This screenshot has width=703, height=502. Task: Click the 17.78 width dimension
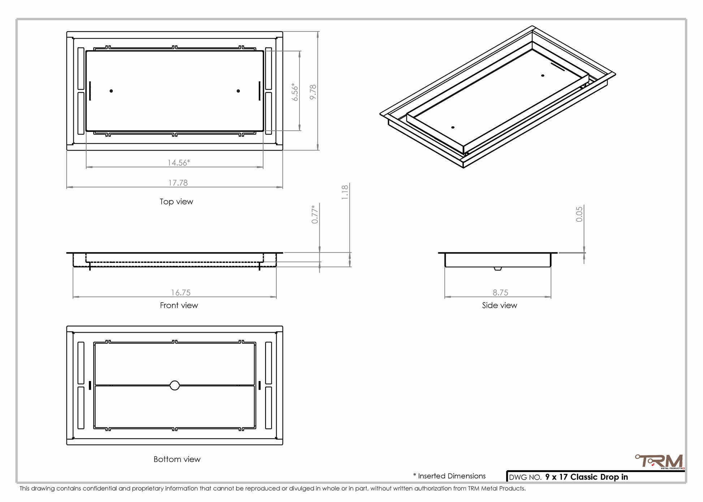[178, 183]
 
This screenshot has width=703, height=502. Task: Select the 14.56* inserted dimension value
[178, 163]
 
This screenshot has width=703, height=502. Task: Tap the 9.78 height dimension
[313, 92]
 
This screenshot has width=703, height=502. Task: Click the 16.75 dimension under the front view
[181, 293]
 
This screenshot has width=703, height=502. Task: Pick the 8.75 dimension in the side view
[500, 293]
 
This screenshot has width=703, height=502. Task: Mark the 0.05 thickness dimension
[579, 214]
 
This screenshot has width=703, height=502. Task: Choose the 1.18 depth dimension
[345, 192]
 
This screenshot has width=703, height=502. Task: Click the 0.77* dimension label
[315, 214]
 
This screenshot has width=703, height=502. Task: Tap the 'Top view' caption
[176, 202]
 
